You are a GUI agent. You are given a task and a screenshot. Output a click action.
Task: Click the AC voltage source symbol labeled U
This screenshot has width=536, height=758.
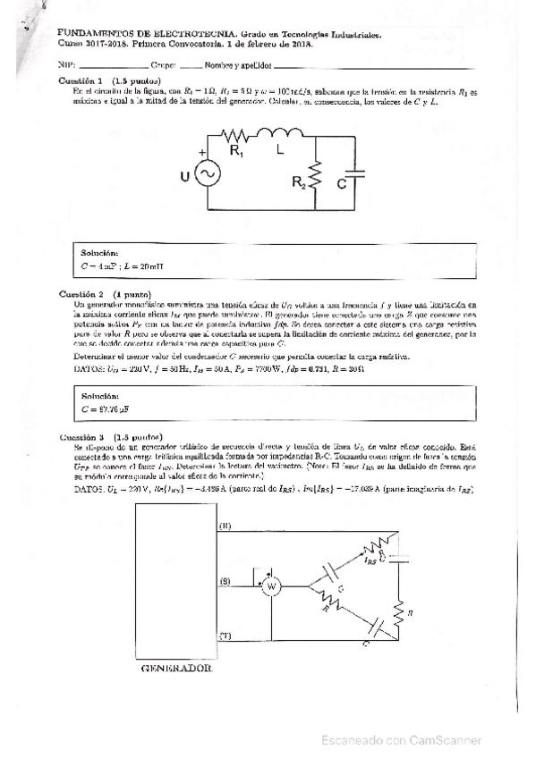[214, 174]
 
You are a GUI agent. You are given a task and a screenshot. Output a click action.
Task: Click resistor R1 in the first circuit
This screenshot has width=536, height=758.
[237, 137]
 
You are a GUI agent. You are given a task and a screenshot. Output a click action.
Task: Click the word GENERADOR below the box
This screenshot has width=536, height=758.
[177, 668]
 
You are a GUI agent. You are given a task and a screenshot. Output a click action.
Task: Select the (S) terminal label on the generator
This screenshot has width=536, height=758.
[225, 582]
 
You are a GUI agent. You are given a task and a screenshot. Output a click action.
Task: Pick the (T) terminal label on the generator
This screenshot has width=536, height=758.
[225, 635]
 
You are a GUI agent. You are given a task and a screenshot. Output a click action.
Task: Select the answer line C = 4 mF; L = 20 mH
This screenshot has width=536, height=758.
[122, 266]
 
